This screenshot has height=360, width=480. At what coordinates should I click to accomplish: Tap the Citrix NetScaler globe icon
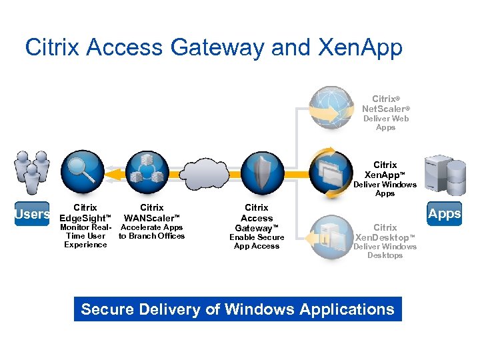click(332, 109)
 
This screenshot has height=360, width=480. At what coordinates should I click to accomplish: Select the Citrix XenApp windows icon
click(332, 173)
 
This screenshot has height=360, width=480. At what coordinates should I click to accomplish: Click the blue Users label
click(33, 215)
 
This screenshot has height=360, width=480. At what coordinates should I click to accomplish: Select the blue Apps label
click(444, 214)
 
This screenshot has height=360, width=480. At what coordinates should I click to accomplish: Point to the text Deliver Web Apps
click(385, 123)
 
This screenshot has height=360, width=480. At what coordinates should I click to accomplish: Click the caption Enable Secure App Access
click(257, 241)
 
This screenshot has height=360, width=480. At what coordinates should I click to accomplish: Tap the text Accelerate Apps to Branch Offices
click(152, 231)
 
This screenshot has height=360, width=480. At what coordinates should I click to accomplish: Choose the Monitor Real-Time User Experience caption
click(85, 236)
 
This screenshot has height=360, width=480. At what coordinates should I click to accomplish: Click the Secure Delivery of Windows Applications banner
click(237, 309)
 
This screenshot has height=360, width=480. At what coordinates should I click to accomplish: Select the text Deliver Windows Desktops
click(385, 251)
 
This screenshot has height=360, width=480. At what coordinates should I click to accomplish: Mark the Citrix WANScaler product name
click(152, 213)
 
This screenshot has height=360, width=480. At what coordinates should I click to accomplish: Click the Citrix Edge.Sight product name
click(85, 213)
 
